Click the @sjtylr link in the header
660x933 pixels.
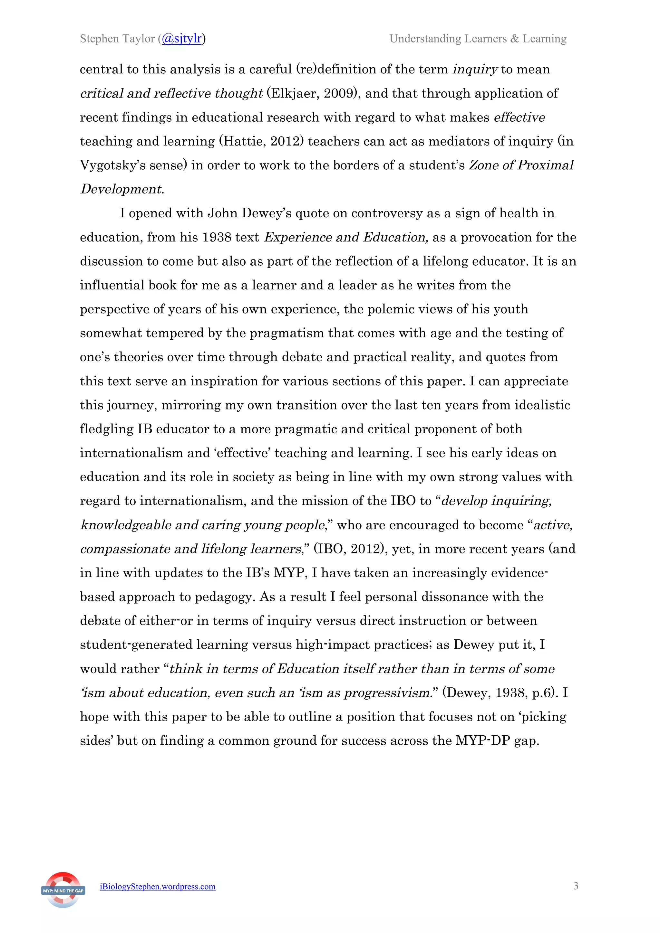(x=181, y=39)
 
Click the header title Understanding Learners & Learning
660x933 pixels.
(x=478, y=39)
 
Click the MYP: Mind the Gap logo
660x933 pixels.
(x=63, y=890)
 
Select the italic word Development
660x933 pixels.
(x=121, y=189)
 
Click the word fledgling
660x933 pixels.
(x=107, y=429)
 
